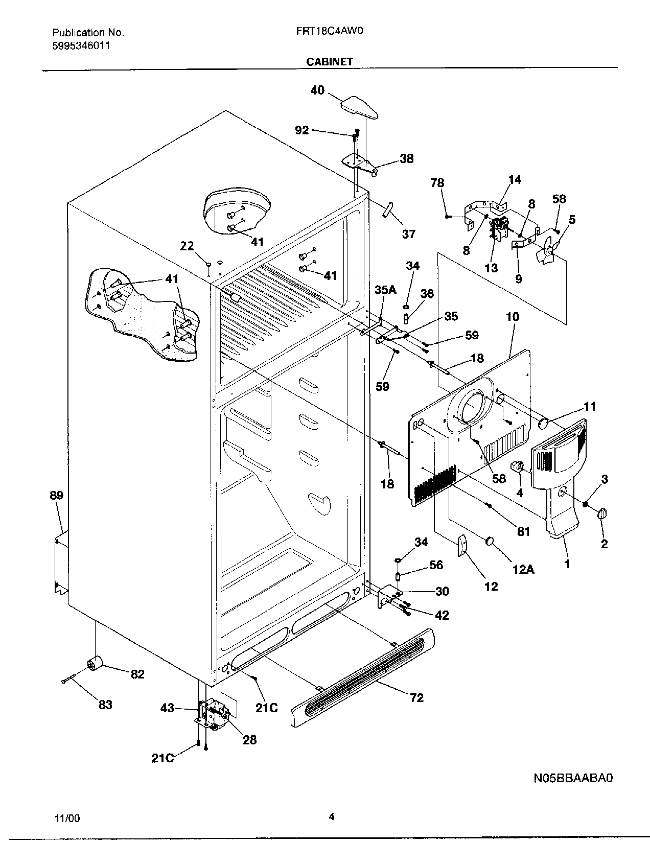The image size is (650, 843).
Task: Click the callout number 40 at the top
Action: pyautogui.click(x=317, y=90)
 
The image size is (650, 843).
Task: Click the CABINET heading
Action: pyautogui.click(x=330, y=62)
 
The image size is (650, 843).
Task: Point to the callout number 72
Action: pyautogui.click(x=417, y=697)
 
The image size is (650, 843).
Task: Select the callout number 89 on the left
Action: pyautogui.click(x=56, y=495)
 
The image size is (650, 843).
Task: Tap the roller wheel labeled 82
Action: pyautogui.click(x=94, y=664)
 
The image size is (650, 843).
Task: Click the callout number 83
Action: pyautogui.click(x=105, y=705)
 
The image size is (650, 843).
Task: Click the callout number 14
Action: pyautogui.click(x=515, y=179)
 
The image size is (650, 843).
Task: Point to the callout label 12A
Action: pyautogui.click(x=523, y=568)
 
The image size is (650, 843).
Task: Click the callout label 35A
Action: pyautogui.click(x=385, y=290)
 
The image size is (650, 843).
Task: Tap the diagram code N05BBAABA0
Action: pyautogui.click(x=573, y=778)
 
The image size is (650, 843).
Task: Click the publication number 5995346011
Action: pyautogui.click(x=81, y=45)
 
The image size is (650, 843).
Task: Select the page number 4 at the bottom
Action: pyautogui.click(x=331, y=816)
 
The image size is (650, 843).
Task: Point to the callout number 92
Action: pyautogui.click(x=302, y=130)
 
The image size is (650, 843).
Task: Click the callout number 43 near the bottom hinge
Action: pyautogui.click(x=167, y=708)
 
